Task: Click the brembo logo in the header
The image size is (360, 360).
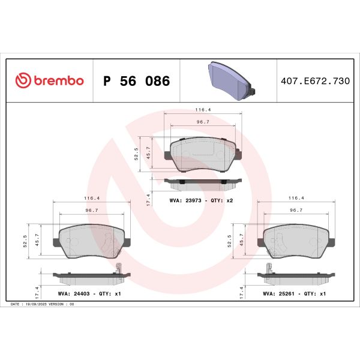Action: click(49, 81)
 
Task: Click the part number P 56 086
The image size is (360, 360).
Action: click(137, 81)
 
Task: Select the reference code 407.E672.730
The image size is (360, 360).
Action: click(314, 81)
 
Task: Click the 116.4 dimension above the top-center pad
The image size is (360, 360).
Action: click(202, 110)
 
